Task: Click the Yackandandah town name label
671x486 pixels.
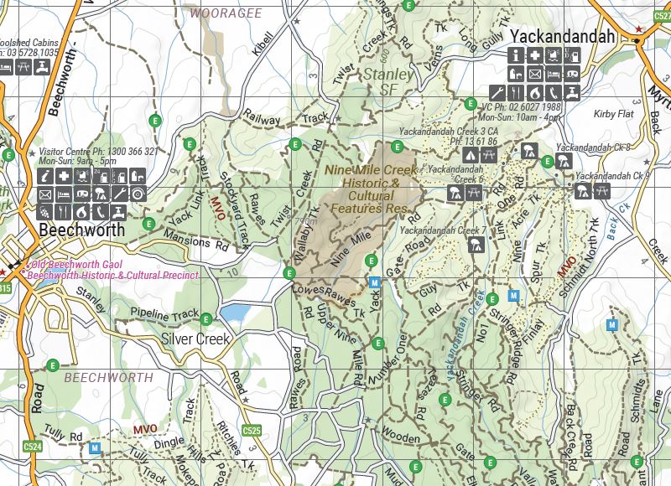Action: coord(563,38)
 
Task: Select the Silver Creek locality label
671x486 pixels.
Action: coord(195,339)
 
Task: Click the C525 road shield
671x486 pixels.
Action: coord(252,430)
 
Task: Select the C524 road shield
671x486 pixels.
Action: coord(34,447)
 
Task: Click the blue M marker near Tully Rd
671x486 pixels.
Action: coord(95,448)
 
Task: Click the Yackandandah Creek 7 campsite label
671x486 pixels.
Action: coord(444,230)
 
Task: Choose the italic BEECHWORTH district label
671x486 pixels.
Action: coord(108,378)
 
